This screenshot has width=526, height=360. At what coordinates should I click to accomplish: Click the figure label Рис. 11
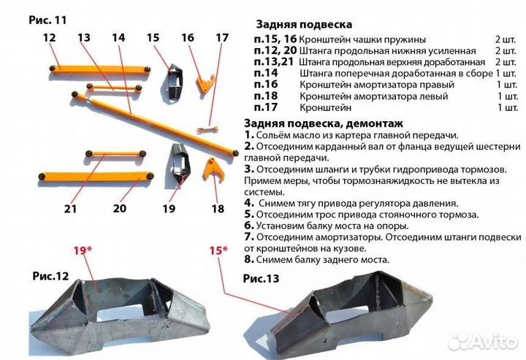pyautogui.click(x=49, y=20)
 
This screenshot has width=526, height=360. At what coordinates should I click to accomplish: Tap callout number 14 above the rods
pyautogui.click(x=119, y=37)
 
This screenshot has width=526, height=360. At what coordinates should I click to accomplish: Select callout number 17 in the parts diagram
pyautogui.click(x=222, y=37)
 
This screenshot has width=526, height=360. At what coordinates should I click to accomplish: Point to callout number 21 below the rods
pyautogui.click(x=70, y=209)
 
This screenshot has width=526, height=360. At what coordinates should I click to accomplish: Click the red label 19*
pyautogui.click(x=83, y=250)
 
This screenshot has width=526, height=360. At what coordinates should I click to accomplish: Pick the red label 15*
pyautogui.click(x=218, y=250)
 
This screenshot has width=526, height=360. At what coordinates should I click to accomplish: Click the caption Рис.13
pyautogui.click(x=261, y=277)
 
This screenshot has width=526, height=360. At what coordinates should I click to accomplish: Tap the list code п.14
pyautogui.click(x=265, y=73)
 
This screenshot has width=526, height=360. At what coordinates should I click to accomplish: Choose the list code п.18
pyautogui.click(x=265, y=96)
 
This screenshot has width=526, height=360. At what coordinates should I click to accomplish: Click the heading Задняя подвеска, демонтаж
pyautogui.click(x=314, y=123)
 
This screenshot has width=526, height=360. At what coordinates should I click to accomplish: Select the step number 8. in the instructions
pyautogui.click(x=249, y=259)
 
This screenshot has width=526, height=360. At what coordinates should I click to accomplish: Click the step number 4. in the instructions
pyautogui.click(x=250, y=203)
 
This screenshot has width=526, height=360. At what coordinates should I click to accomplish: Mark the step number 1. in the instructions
pyautogui.click(x=249, y=135)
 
